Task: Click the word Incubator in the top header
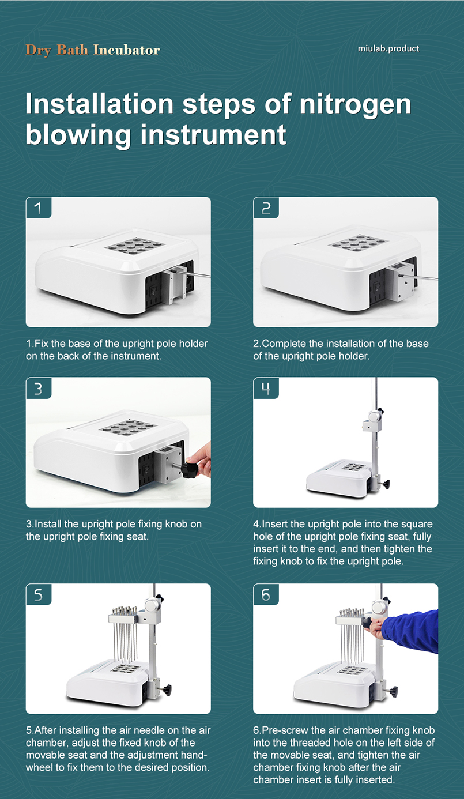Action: click(x=126, y=50)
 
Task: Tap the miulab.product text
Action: click(x=388, y=48)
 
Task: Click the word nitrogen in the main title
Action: click(x=355, y=105)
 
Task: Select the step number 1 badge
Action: click(x=39, y=208)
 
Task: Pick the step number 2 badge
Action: click(x=266, y=208)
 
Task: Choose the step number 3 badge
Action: click(x=39, y=388)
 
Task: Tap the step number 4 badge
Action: click(x=266, y=388)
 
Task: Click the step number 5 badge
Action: click(x=39, y=594)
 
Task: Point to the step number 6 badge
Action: click(x=266, y=594)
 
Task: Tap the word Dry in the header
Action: click(x=38, y=50)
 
